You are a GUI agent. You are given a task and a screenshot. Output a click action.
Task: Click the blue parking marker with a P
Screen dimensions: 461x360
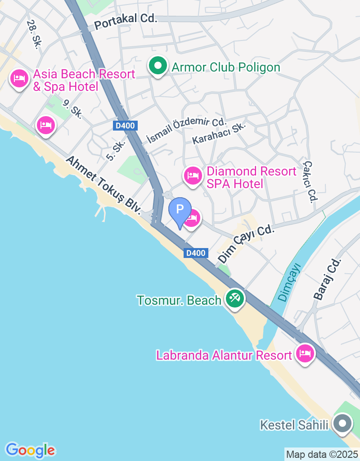[180, 210]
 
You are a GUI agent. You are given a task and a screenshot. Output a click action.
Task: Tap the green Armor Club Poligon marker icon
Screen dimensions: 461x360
[157, 67]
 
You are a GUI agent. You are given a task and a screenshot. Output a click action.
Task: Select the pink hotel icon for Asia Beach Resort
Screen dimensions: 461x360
[19, 79]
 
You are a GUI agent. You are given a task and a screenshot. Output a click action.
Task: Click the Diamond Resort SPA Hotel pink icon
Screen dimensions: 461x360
[193, 175]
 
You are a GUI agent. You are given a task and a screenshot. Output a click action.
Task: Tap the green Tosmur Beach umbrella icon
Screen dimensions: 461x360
[234, 298]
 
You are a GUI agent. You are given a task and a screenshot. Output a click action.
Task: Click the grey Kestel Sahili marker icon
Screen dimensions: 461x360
[343, 424]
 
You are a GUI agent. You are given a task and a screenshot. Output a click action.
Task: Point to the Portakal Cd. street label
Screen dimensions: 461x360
[126, 19]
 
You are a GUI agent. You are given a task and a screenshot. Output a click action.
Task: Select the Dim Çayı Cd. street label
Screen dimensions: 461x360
[246, 244]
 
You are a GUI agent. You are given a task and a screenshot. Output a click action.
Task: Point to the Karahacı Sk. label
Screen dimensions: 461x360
[219, 133]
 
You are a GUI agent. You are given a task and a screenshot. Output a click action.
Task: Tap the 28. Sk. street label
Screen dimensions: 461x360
[34, 34]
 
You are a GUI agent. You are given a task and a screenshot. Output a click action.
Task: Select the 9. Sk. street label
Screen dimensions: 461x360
[73, 109]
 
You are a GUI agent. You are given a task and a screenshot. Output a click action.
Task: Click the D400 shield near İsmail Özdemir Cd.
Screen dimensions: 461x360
[125, 126]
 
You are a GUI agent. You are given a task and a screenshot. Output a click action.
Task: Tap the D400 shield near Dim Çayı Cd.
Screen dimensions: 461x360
[196, 253]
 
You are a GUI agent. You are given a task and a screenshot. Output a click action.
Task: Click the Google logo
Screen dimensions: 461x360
[30, 450]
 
